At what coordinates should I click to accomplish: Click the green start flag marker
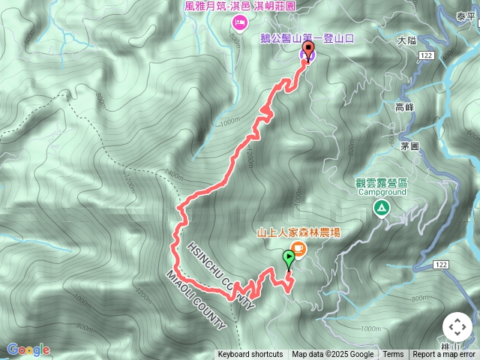coord(289,259)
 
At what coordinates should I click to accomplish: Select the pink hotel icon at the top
coord(239,22)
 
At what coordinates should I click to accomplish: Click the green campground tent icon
coord(382,208)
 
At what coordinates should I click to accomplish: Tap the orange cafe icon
coord(298,247)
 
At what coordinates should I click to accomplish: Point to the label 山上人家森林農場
coord(298,232)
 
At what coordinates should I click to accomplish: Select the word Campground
coord(381,193)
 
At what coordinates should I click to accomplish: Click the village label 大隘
coord(406,41)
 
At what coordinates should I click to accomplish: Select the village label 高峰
coord(404,107)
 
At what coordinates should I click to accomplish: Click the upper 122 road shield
coord(427,55)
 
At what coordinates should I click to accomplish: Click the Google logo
coord(28,349)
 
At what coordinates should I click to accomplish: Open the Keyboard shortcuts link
coord(250,355)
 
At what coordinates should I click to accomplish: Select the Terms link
coord(393,355)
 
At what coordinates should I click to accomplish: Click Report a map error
coord(444,355)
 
